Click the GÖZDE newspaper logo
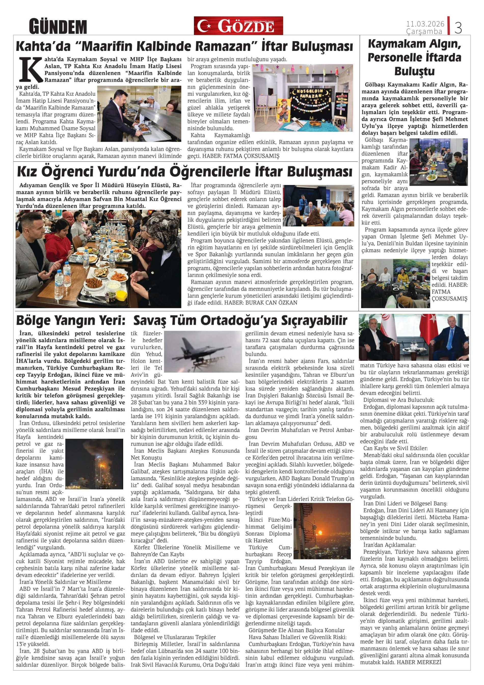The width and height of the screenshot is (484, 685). point(238,26)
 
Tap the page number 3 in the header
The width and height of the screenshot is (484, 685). point(458,28)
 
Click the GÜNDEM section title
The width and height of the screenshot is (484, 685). point(58,27)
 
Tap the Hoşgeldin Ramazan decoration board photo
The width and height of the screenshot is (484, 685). point(302,98)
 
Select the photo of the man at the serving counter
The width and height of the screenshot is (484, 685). point(139,113)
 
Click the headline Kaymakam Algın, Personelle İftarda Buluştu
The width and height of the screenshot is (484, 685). point(414,57)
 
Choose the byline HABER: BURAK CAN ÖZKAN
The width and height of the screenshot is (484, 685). point(261,302)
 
